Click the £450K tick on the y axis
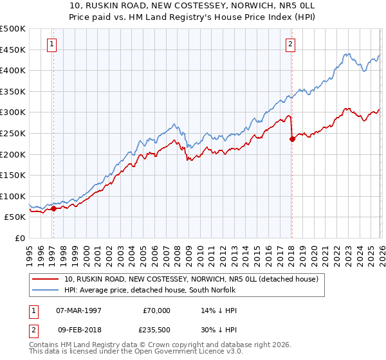pos(13,50)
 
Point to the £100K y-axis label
pos(13,196)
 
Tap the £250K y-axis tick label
pos(13,133)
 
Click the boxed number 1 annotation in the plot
pos(51,44)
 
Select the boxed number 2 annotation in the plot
pos(291,44)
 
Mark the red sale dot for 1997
pos(53,208)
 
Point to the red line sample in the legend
pos(45,279)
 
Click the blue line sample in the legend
pos(45,290)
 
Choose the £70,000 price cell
pos(157,310)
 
